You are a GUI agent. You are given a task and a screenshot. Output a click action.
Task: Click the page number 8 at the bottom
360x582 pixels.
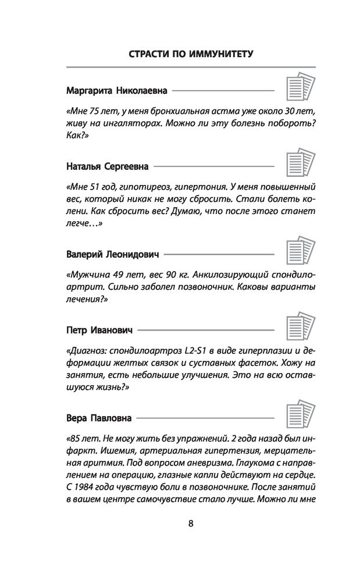pos(191,523)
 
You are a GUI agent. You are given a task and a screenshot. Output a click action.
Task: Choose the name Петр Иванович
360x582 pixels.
pos(99,330)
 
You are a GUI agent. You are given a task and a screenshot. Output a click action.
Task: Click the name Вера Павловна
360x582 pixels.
pos(98,418)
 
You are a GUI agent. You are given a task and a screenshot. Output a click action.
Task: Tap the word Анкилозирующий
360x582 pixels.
pos(229,275)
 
